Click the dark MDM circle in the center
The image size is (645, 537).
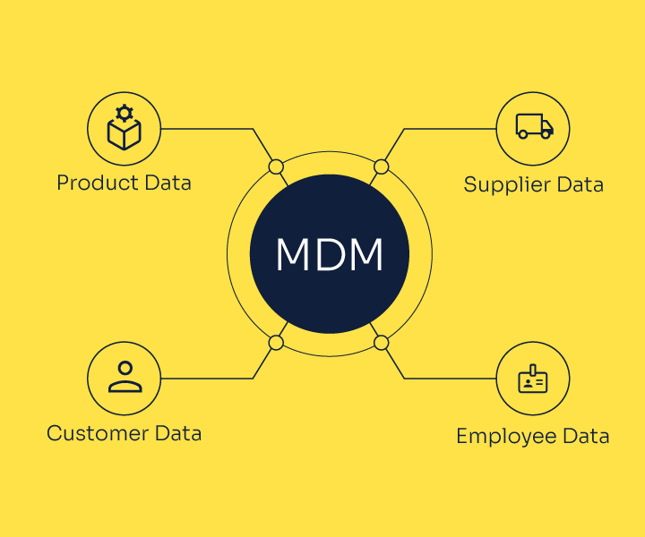[x=330, y=254]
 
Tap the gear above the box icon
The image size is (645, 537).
[x=125, y=113]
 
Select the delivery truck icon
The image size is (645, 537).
[x=534, y=126]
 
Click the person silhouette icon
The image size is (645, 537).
[x=125, y=377]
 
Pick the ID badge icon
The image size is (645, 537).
[x=533, y=379]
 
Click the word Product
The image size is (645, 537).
[x=97, y=183]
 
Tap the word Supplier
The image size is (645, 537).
[x=507, y=185]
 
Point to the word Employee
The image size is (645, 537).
[x=506, y=437]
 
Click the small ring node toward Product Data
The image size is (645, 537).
[x=276, y=167]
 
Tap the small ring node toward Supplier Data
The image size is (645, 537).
[x=382, y=167]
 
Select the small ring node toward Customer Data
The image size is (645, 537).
[x=276, y=343]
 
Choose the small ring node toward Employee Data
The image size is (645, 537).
[x=382, y=343]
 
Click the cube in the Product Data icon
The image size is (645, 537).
[x=125, y=134]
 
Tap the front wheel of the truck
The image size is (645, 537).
[x=546, y=133]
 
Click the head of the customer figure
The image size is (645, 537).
[x=125, y=368]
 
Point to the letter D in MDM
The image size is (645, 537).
[x=329, y=254]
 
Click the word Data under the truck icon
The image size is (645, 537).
[x=580, y=184]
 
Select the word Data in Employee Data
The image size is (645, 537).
[x=586, y=436]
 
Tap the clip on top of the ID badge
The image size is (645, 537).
[x=533, y=370]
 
